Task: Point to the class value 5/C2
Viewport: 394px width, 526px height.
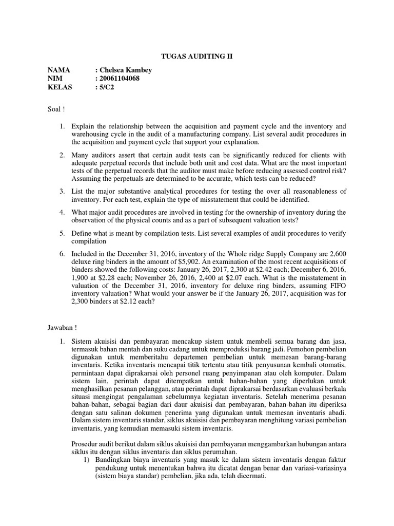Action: click(107, 87)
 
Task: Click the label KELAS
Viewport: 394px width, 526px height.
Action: click(60, 87)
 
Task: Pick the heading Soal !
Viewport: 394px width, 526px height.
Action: click(56, 109)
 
